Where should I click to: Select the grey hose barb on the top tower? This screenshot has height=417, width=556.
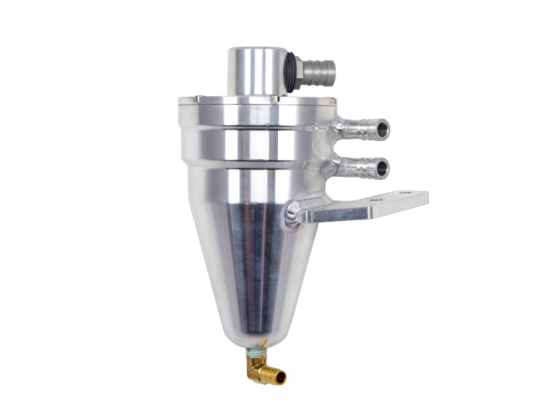pos(320,70)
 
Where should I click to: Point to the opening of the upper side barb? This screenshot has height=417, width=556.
pos(382,129)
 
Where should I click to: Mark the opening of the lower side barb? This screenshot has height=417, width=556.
pos(382,168)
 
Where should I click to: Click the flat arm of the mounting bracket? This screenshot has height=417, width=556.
pos(368,206)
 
